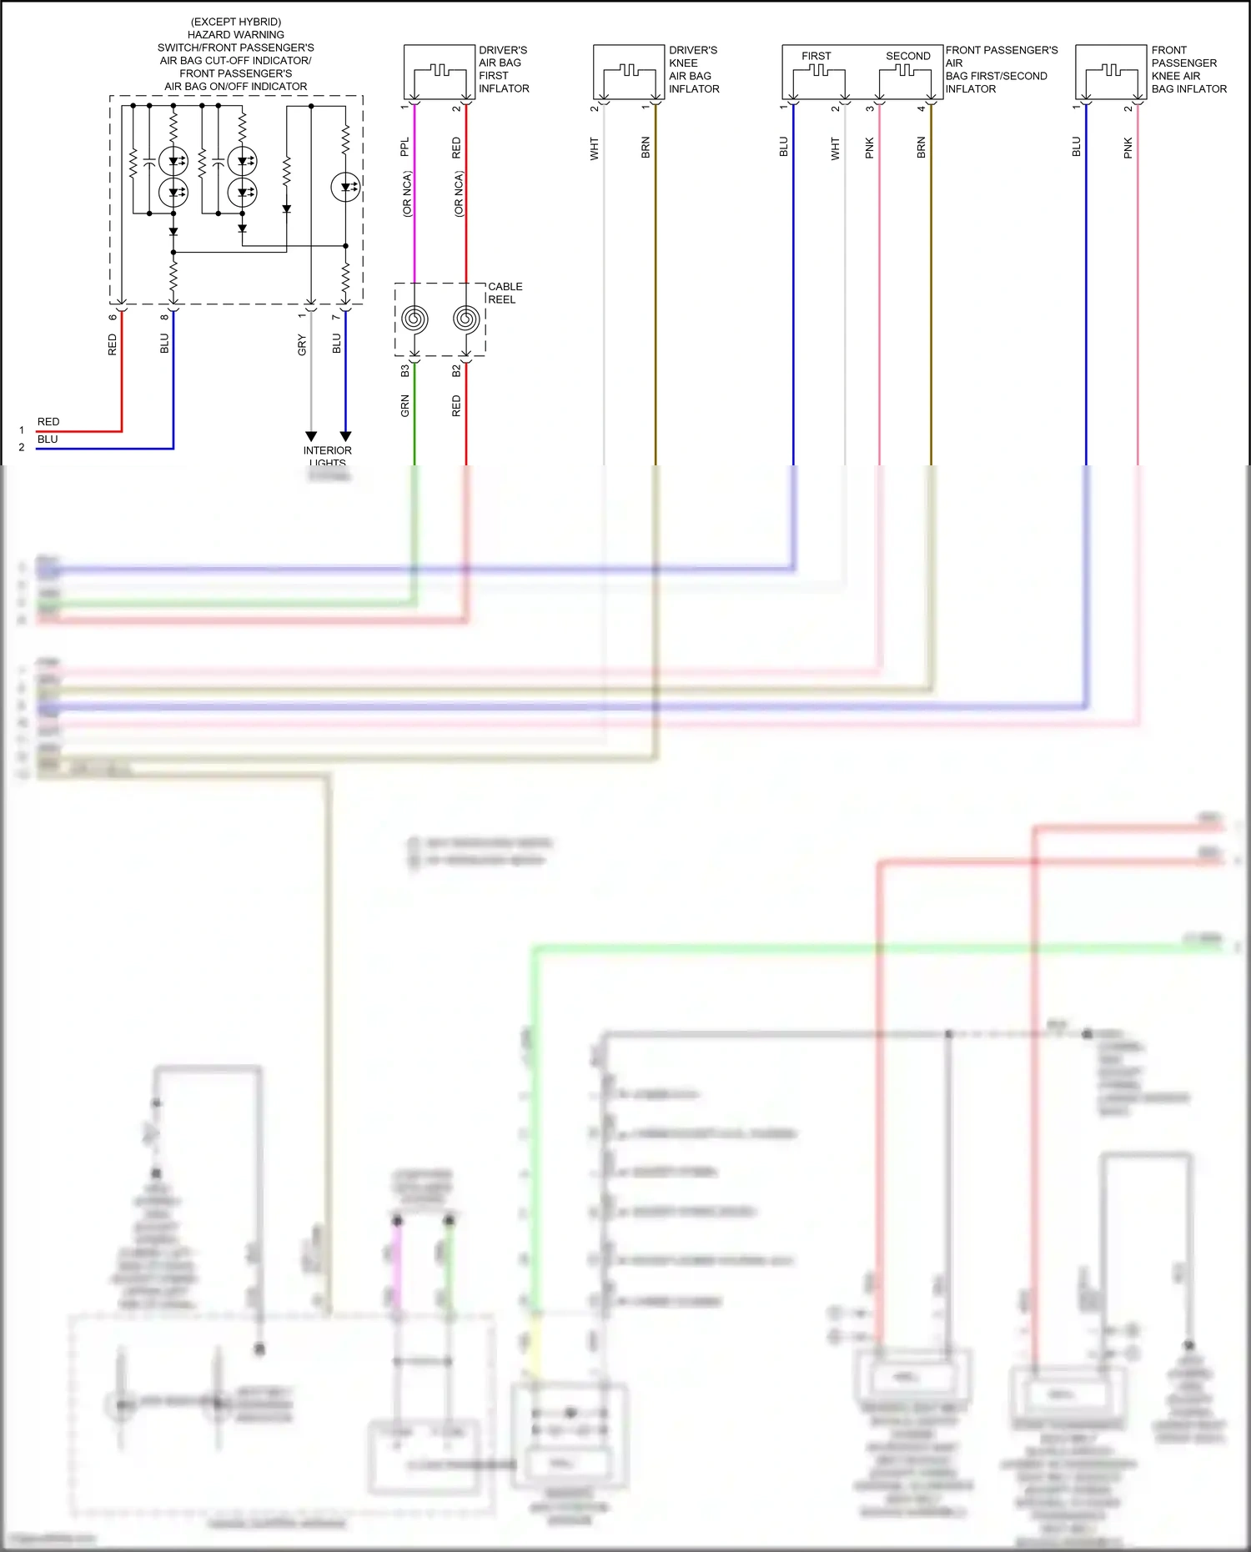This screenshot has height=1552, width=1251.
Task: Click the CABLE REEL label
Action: point(505,293)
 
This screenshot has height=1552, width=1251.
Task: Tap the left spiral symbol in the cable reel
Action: point(414,319)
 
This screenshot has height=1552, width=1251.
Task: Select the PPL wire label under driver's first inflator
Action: point(405,147)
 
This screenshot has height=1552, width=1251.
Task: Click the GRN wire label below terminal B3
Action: point(405,406)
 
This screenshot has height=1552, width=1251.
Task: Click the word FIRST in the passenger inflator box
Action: point(816,56)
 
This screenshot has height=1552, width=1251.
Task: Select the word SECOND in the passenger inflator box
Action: point(907,56)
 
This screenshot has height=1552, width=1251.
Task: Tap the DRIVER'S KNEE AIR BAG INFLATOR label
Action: point(693,69)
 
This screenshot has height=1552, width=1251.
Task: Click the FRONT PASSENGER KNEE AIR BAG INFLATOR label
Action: point(1188,69)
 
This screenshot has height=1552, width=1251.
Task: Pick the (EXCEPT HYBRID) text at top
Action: point(236,22)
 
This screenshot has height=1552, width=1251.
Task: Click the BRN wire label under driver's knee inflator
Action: point(646,148)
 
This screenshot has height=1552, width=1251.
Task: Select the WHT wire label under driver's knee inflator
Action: point(595,149)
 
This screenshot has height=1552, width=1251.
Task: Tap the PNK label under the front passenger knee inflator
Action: point(1128,148)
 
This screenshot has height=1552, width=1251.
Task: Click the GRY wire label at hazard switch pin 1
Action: point(302,344)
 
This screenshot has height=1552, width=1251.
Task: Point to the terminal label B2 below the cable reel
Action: point(456,370)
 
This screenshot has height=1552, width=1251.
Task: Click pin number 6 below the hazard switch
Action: point(113,317)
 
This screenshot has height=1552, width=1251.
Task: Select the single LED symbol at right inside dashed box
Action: point(345,187)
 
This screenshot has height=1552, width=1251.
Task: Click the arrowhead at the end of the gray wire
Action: point(311,436)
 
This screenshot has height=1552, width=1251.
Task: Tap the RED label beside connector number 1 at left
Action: point(48,422)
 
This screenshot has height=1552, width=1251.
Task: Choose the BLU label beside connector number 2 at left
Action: point(48,439)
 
